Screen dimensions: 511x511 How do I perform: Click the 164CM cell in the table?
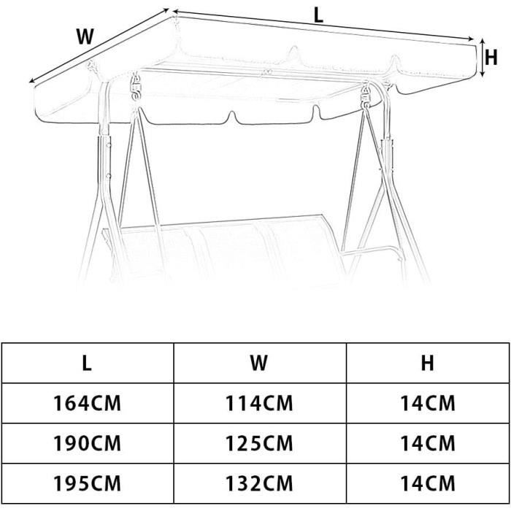pos(87,403)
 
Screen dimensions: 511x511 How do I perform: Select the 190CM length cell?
pos(87,443)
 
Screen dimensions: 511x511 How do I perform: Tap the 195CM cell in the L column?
pos(87,483)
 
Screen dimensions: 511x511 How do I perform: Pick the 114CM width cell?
pos(259,403)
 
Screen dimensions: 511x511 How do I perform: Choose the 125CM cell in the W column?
pos(259,443)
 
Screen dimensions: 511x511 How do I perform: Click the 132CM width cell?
pos(259,483)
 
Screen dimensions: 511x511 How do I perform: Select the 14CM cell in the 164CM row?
pos(428,403)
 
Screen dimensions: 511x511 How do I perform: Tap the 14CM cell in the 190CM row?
pos(428,443)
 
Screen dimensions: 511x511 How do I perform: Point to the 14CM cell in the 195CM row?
pos(428,483)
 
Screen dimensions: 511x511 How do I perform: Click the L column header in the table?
pos(87,363)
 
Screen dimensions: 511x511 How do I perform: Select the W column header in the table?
pos(259,363)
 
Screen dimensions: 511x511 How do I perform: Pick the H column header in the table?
pos(428,363)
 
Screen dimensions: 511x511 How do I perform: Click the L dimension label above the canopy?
pos(318,15)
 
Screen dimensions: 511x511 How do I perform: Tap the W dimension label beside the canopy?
pos(85,36)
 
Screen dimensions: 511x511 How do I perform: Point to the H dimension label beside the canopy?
pos(491,58)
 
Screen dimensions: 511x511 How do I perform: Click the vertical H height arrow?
pos(483,58)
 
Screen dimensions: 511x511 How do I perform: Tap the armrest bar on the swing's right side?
pos(371,252)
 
